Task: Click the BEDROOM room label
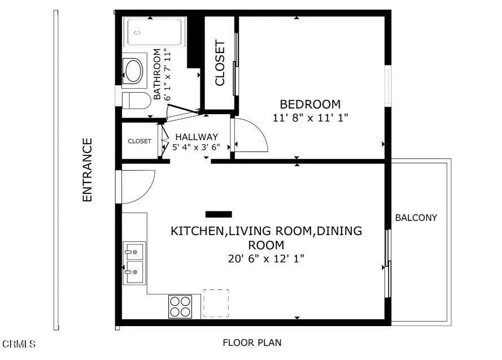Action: [x=310, y=104]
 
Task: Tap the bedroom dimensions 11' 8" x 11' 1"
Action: [x=310, y=118]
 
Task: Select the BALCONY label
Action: [x=416, y=218]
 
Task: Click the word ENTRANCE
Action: [x=87, y=170]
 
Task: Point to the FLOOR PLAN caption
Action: [x=252, y=342]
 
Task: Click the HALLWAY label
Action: [x=196, y=137]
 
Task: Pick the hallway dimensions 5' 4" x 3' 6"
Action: [x=196, y=147]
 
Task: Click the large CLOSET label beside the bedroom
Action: [x=220, y=63]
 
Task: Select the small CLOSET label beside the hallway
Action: [x=139, y=141]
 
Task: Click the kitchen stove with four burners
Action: [x=180, y=306]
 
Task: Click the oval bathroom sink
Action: [x=134, y=71]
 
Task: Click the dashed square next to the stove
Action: [x=216, y=303]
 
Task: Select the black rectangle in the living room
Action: [x=219, y=214]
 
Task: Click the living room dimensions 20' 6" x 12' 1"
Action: [x=266, y=259]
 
